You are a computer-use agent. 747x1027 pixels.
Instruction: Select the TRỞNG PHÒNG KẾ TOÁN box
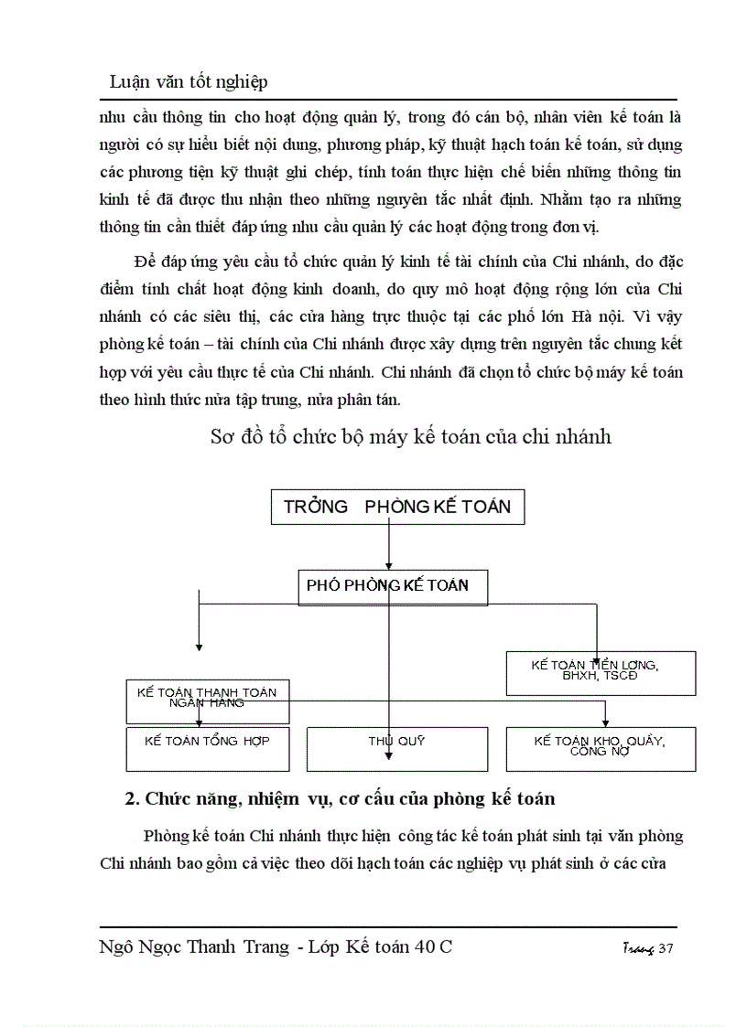397,507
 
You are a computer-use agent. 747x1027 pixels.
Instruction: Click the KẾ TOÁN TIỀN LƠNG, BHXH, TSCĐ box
601,672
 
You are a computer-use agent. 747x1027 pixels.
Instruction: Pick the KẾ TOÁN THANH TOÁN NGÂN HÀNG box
207,700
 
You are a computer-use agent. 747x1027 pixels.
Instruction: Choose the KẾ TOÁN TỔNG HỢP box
207,748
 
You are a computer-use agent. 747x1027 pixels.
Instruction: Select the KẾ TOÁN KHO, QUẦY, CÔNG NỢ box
601,747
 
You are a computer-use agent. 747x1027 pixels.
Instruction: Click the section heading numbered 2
339,798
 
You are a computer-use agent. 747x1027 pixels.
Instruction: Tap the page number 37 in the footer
666,949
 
